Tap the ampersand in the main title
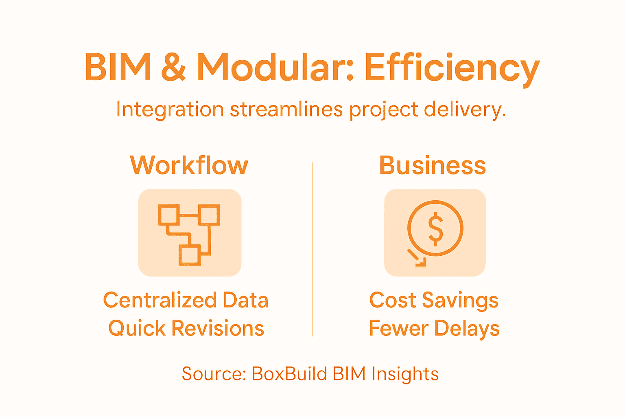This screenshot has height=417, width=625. pos(174,67)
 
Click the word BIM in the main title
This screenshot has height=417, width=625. pos(118,67)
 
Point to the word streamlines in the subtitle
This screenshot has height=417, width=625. pos(286,110)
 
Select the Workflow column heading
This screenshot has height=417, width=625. pos(189,165)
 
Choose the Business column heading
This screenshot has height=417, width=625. pos(433,165)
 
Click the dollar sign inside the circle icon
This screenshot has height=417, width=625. pos(435,228)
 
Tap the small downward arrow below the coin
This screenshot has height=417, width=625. pos(417,258)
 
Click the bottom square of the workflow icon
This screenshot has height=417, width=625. pos(190,255)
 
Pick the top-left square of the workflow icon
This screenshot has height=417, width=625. pos(168,215)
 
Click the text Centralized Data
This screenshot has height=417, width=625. pos(186,301)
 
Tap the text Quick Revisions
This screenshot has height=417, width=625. pos(186,328)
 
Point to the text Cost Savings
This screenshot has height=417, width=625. pos(434,301)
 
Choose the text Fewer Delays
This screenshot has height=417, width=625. pos(434,328)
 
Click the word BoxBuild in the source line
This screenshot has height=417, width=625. pos(284,374)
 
